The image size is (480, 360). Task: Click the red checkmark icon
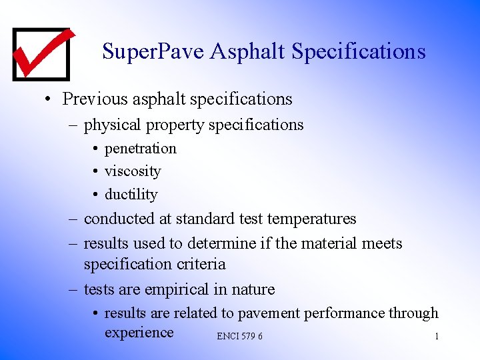(42, 53)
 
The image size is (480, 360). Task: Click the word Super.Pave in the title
(153, 51)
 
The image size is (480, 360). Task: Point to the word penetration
(141, 148)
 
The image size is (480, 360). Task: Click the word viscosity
(133, 171)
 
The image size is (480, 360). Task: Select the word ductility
(131, 195)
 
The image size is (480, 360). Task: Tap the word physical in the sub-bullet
(112, 125)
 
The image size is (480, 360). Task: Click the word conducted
(120, 219)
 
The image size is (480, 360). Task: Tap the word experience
(139, 333)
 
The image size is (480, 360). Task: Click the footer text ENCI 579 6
(239, 336)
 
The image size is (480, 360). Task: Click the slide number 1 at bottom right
(437, 336)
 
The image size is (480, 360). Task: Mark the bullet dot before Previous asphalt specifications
(48, 100)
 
